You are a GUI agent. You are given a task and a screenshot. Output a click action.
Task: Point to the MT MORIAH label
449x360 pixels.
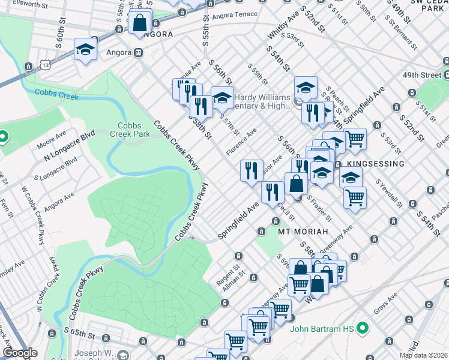point(303,231)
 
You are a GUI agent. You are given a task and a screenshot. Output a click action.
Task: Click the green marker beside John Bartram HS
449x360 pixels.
point(362,328)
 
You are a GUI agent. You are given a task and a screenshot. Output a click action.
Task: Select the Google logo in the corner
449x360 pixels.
point(20,353)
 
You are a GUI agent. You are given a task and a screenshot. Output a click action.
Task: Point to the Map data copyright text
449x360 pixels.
point(424,355)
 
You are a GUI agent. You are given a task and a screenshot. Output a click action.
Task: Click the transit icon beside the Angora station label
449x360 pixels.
point(139,52)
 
